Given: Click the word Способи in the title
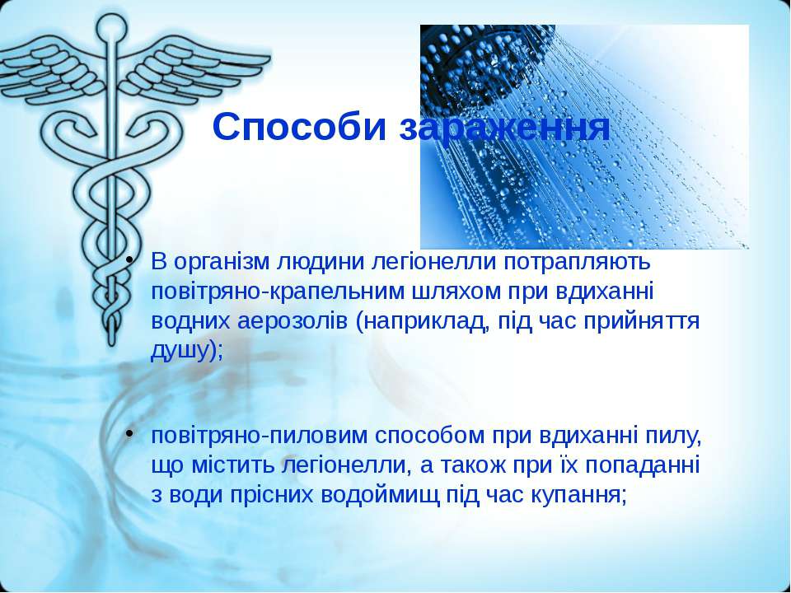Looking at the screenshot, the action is click(300, 128).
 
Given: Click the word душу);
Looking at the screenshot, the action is click(187, 352).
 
